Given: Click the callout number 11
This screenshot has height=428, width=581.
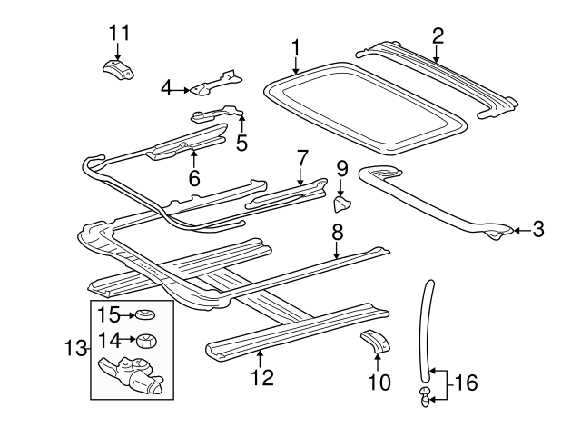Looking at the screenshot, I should [x=119, y=33].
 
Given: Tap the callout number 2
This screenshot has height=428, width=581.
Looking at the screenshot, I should [x=438, y=35].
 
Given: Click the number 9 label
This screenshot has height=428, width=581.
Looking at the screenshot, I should [x=342, y=167].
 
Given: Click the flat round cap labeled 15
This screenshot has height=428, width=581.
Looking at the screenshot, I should [x=143, y=317].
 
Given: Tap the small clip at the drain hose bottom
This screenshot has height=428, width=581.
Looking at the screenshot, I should [x=425, y=393].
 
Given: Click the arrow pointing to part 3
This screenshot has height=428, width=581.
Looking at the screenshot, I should [x=518, y=232].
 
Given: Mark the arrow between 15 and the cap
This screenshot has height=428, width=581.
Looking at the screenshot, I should [x=126, y=316].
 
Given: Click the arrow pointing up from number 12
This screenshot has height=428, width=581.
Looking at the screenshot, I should [x=260, y=355].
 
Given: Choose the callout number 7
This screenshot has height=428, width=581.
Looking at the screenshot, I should [x=302, y=159].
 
